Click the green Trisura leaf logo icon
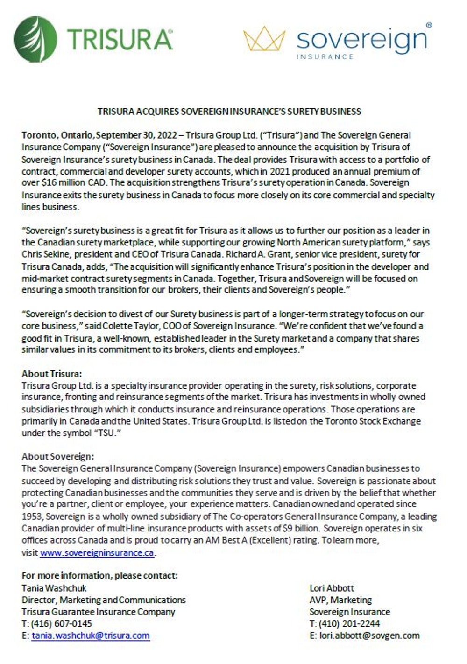35,39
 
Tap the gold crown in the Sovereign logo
264,40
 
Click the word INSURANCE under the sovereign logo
325,57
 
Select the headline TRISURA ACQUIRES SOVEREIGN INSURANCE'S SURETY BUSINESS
229,112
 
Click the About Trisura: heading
52,374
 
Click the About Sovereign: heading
58,456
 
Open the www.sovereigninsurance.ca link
97,553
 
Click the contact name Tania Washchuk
54,588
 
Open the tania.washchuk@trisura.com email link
91,636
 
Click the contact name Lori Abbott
332,588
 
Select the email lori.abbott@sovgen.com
369,636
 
